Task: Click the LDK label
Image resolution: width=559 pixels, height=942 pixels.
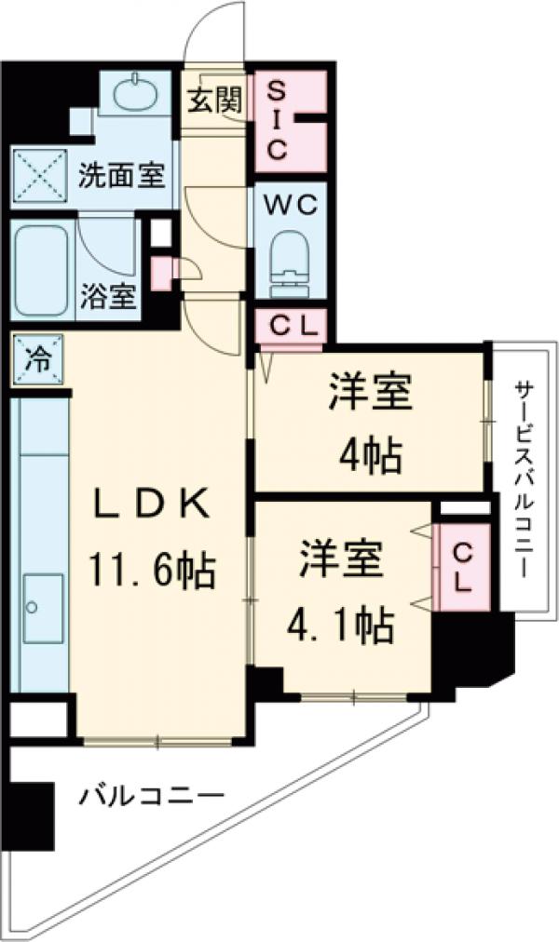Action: tap(151, 505)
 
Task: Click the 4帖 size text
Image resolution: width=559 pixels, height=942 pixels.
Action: tap(370, 455)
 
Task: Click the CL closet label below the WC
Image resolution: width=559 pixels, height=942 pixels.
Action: tap(292, 326)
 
